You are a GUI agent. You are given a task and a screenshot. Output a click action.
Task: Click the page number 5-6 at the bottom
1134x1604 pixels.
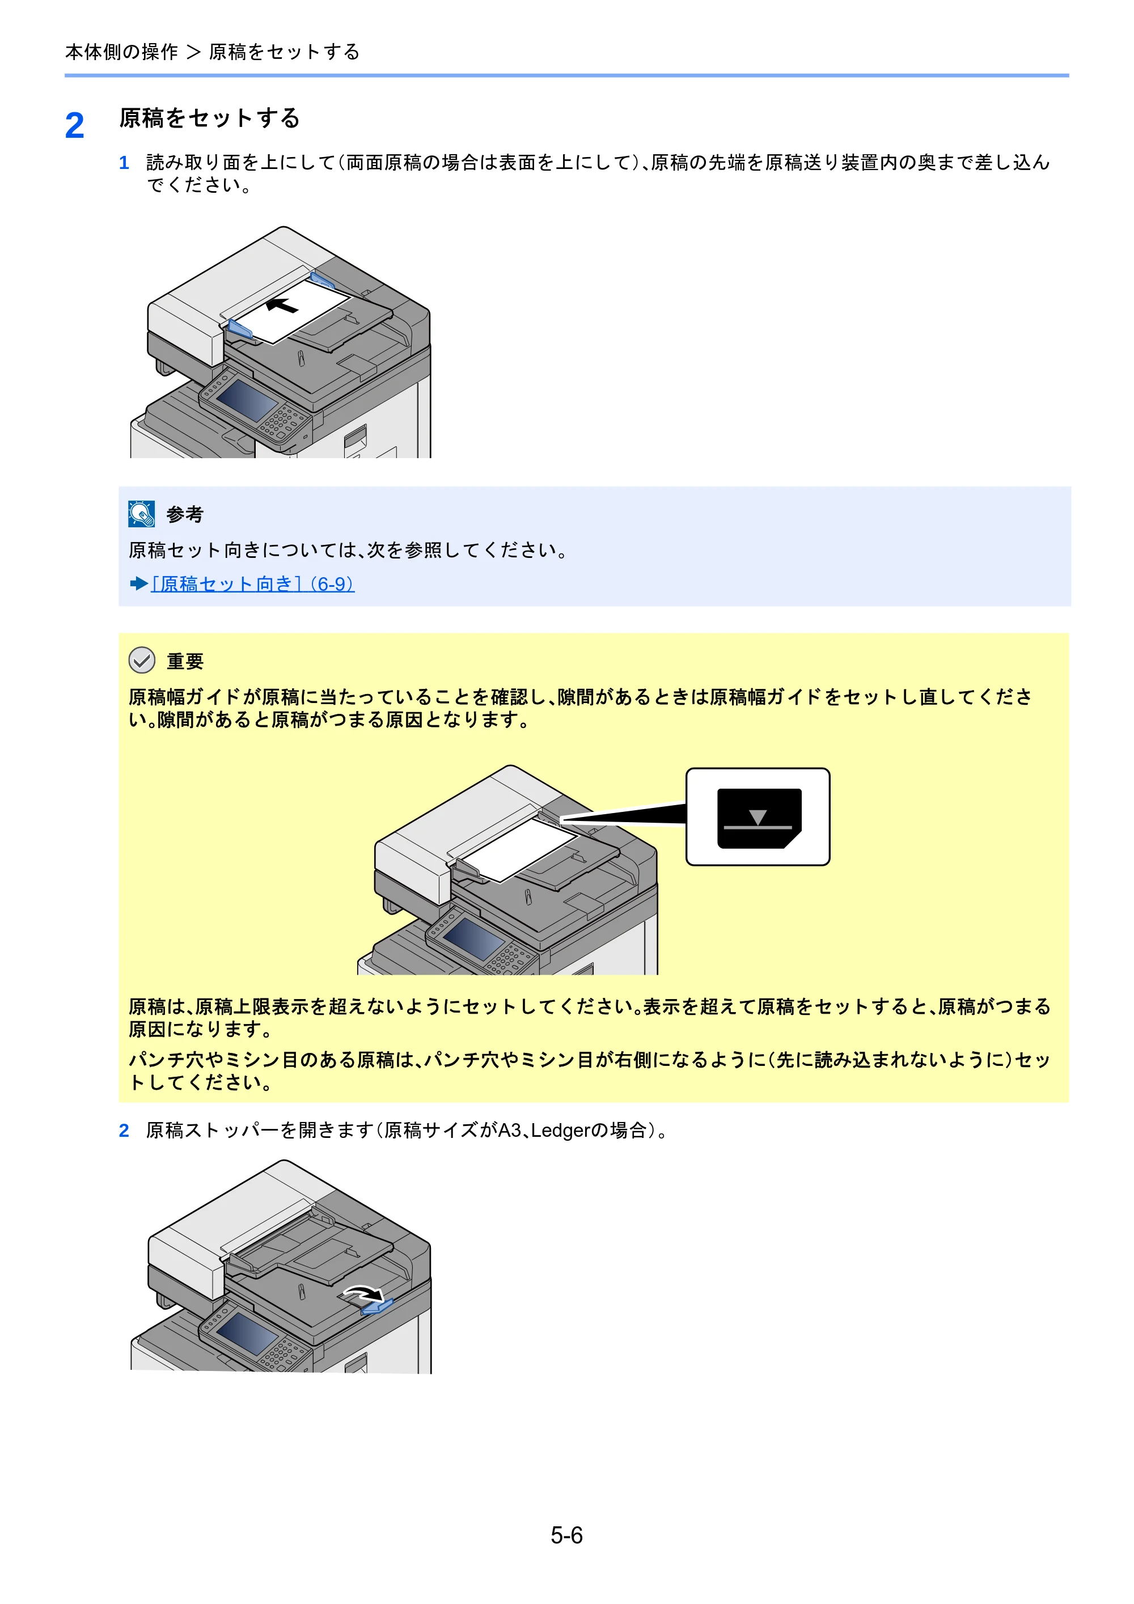566,1535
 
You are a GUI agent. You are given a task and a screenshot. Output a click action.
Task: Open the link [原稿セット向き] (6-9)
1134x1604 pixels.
252,583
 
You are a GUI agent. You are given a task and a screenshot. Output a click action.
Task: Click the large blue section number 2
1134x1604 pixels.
75,126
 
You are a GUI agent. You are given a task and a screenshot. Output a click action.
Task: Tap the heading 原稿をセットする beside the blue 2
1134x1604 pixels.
210,117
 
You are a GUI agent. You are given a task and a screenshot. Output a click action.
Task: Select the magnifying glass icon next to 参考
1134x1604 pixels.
142,514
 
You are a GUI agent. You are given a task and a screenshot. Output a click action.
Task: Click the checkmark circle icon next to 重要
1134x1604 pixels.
142,659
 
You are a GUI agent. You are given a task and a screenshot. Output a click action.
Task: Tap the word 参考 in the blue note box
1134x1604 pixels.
185,515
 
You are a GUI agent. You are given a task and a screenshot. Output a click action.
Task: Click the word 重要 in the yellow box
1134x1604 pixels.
185,661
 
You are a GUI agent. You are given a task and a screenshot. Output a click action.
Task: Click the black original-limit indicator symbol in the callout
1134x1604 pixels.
759,818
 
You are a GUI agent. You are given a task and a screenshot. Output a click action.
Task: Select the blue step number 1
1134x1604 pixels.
124,163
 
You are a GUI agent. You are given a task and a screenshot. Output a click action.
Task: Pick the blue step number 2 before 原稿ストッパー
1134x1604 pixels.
124,1131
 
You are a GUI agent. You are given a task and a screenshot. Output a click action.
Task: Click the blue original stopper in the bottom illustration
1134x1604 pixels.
377,1306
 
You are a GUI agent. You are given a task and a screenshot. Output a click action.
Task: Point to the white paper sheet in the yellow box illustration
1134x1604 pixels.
520,849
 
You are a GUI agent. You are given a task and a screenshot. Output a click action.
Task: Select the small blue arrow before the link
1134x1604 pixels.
138,583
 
